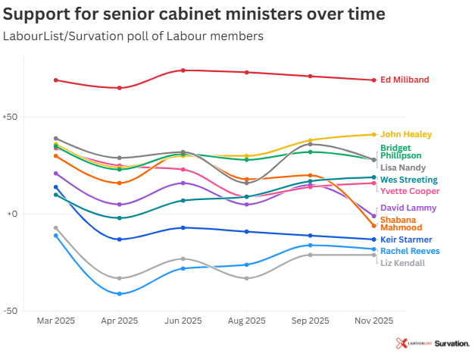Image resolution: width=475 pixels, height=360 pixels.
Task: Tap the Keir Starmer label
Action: [406, 239]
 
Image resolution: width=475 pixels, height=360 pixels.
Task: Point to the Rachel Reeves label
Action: [410, 251]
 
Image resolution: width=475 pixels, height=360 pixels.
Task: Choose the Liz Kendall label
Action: [402, 262]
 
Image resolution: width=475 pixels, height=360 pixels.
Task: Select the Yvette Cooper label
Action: [409, 191]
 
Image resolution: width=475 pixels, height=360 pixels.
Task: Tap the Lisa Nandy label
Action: [403, 167]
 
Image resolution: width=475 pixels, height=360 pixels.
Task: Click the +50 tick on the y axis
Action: [10, 117]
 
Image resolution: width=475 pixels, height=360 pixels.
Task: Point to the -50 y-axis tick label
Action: [10, 311]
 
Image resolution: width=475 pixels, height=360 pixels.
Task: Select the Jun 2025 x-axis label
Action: [183, 321]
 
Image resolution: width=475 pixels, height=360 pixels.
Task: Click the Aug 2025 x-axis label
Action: [246, 321]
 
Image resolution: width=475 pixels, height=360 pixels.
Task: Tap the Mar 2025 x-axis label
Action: [55, 321]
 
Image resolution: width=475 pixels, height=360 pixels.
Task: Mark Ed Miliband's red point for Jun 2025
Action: [183, 70]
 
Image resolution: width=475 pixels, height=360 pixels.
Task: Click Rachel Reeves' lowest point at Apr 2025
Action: [119, 293]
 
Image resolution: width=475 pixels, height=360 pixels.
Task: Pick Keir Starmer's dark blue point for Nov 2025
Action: [373, 239]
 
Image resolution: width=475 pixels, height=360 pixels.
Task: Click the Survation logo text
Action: [452, 343]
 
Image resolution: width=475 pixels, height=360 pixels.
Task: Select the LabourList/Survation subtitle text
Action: [133, 36]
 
